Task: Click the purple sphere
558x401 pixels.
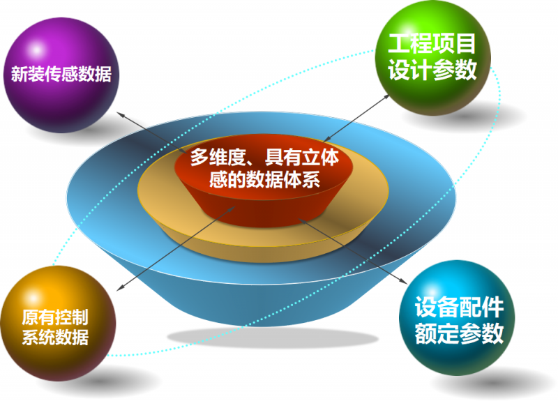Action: (x=61, y=75)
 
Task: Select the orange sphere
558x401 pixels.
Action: (x=58, y=323)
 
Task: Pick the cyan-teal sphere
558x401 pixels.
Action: (x=457, y=317)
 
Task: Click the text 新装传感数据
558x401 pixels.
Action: (x=61, y=75)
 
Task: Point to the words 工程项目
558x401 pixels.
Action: (x=432, y=44)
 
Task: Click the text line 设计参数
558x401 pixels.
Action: (x=432, y=70)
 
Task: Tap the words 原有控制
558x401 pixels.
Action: (x=55, y=317)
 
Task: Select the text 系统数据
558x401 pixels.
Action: (x=55, y=337)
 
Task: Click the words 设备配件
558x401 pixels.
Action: (x=459, y=308)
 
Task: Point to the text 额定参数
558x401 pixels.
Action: (x=459, y=333)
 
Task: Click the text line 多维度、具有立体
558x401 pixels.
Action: (x=264, y=157)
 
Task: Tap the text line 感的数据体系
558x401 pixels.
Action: (x=264, y=179)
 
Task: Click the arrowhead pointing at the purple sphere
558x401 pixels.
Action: (x=121, y=114)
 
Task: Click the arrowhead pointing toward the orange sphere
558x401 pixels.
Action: (x=121, y=288)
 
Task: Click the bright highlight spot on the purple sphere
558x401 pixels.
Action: (x=36, y=50)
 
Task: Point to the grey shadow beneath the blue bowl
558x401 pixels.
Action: (x=272, y=338)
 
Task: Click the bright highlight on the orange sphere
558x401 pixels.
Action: (x=33, y=298)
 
